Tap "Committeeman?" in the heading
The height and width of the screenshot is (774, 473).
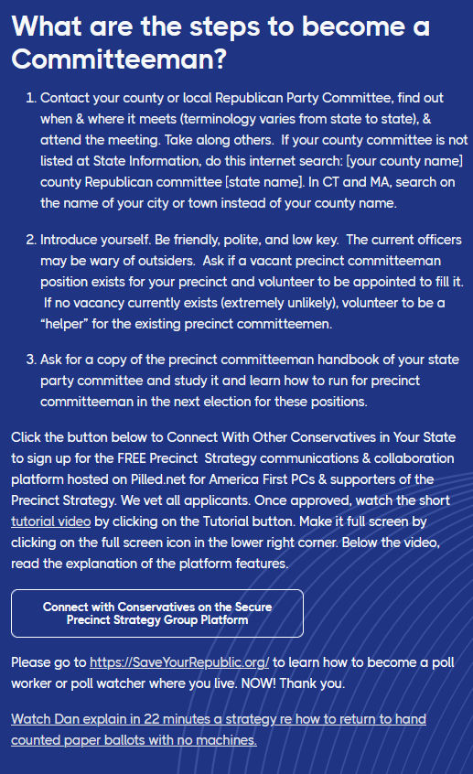(x=119, y=61)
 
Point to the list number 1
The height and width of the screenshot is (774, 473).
(x=30, y=97)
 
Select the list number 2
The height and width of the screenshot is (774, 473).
(x=30, y=240)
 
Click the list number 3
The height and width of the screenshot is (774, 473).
(x=30, y=360)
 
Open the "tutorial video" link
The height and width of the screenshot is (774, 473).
(x=50, y=521)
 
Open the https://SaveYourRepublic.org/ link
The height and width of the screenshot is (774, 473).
(x=179, y=661)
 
